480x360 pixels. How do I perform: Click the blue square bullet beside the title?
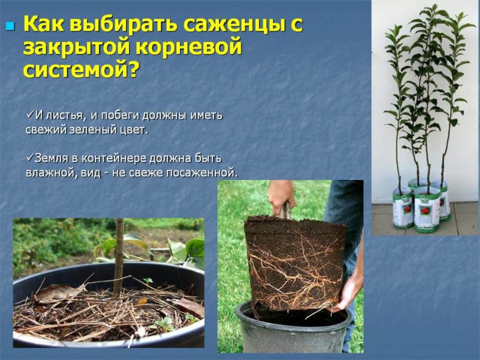(10, 26)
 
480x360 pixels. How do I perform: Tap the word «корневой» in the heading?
(191, 47)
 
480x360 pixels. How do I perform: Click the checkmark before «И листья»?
(30, 114)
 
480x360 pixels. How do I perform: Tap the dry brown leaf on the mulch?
(59, 292)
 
